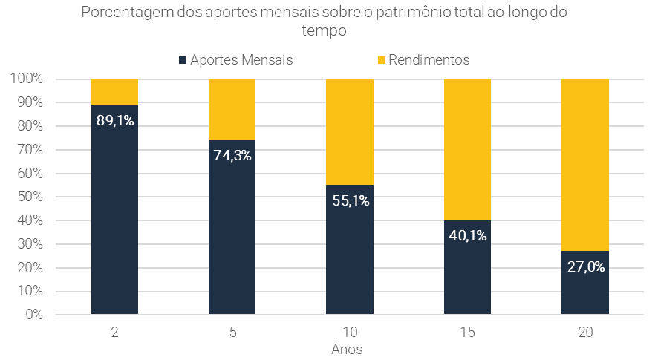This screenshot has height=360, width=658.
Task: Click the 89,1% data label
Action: point(115,120)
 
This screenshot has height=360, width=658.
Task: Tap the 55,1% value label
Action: point(350,200)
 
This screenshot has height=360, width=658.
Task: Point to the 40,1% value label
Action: point(467,235)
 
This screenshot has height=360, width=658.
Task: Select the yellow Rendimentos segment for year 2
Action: point(115,91)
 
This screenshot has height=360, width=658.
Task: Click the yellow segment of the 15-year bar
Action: point(467,149)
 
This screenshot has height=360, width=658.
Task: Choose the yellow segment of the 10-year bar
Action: point(350,131)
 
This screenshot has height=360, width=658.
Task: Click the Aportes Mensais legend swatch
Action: point(183,60)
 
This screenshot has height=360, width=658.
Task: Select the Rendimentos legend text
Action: point(429,60)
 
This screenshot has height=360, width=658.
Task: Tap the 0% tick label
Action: point(32,315)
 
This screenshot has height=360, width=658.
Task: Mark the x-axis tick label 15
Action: point(467,334)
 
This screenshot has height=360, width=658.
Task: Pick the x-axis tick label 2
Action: point(115,334)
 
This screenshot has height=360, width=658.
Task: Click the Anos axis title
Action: point(347,348)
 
